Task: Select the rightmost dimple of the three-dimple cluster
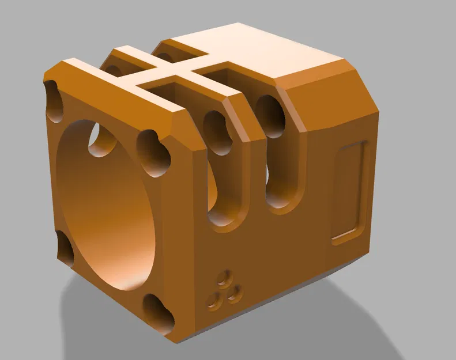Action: (x=233, y=294)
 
